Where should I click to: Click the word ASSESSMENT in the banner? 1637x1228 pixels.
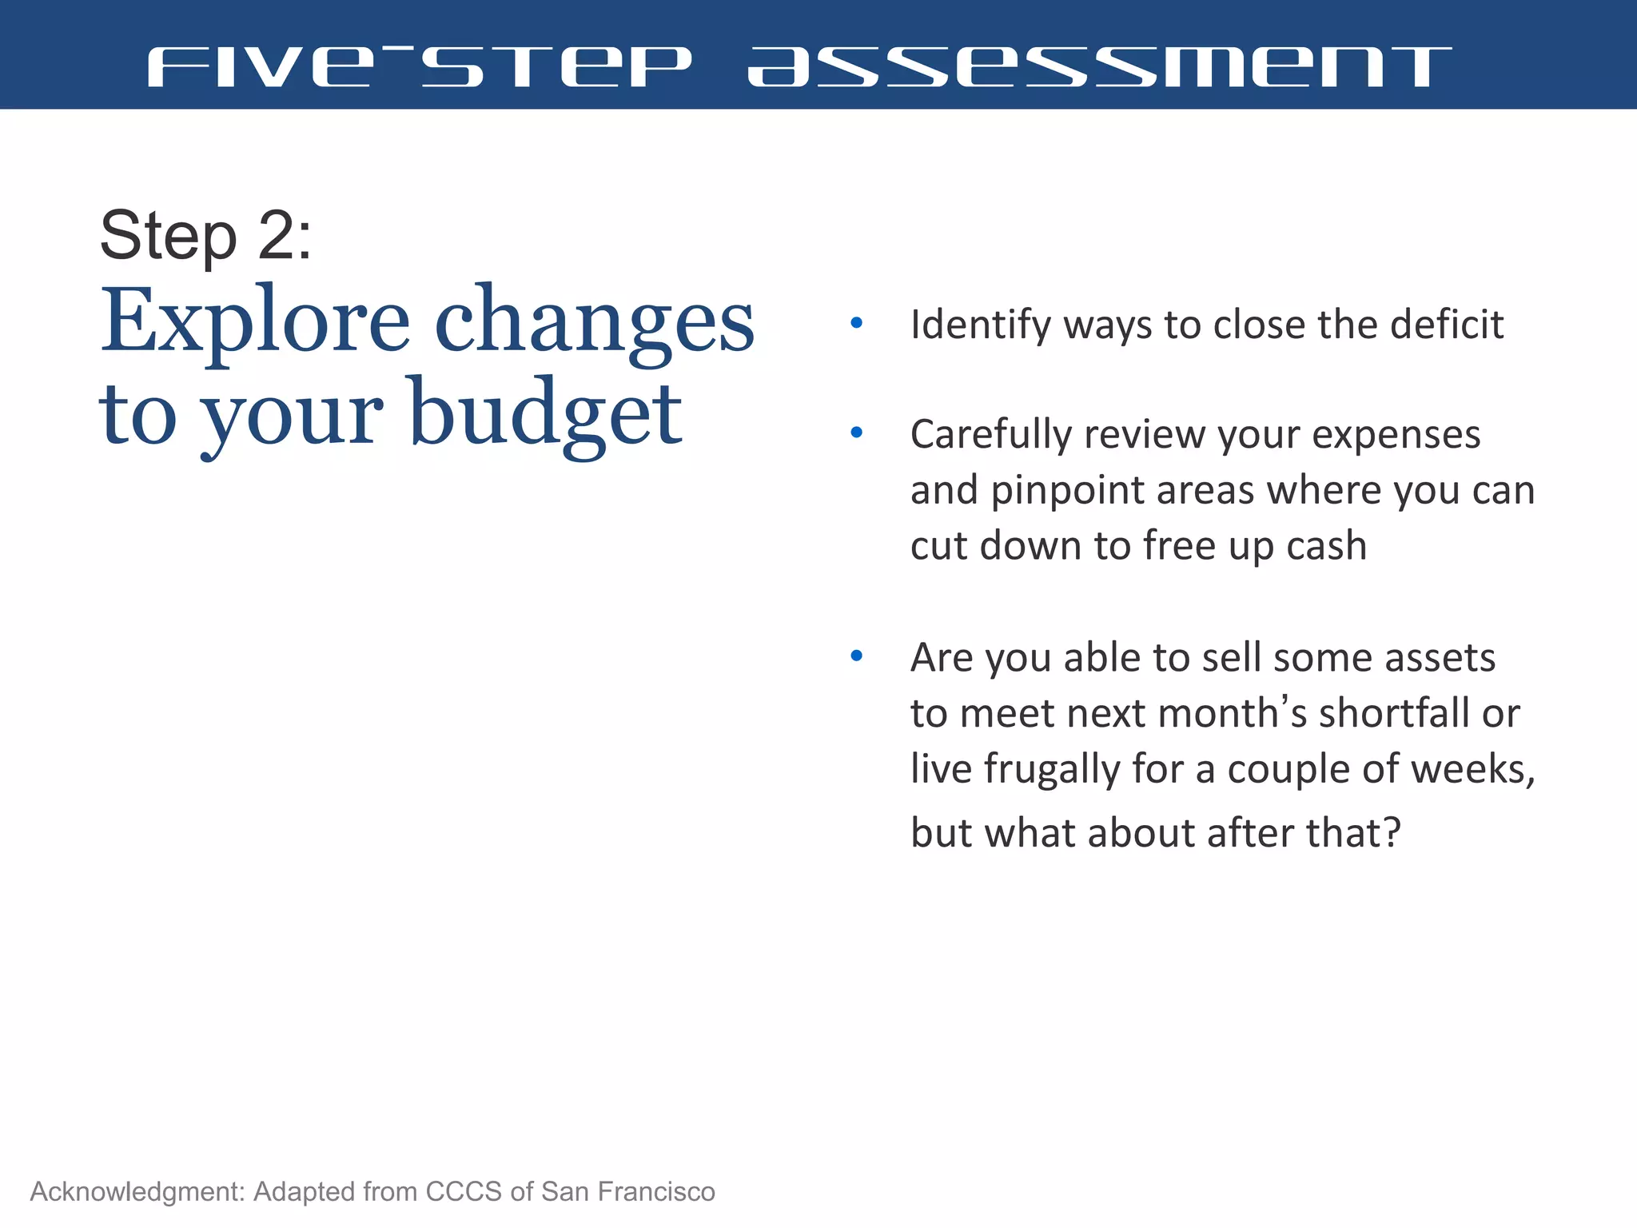pyautogui.click(x=1098, y=66)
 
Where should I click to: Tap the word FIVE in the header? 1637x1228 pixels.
pyautogui.click(x=261, y=66)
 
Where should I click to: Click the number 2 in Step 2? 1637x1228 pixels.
pyautogui.click(x=276, y=236)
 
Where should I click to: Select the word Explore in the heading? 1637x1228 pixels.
pyautogui.click(x=254, y=322)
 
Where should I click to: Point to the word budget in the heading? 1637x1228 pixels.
pyautogui.click(x=545, y=414)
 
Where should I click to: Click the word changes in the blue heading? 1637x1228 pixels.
pyautogui.click(x=594, y=322)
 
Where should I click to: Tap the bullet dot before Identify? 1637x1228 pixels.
pyautogui.click(x=857, y=324)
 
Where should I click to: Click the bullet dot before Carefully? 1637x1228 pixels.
pyautogui.click(x=857, y=433)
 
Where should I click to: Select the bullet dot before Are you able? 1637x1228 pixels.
pyautogui.click(x=857, y=656)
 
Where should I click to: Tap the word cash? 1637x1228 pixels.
pyautogui.click(x=1326, y=545)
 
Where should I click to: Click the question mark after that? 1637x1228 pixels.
pyautogui.click(x=1392, y=832)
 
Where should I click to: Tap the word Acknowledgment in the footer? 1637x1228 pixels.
pyautogui.click(x=137, y=1192)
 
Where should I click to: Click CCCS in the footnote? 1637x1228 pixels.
pyautogui.click(x=464, y=1192)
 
